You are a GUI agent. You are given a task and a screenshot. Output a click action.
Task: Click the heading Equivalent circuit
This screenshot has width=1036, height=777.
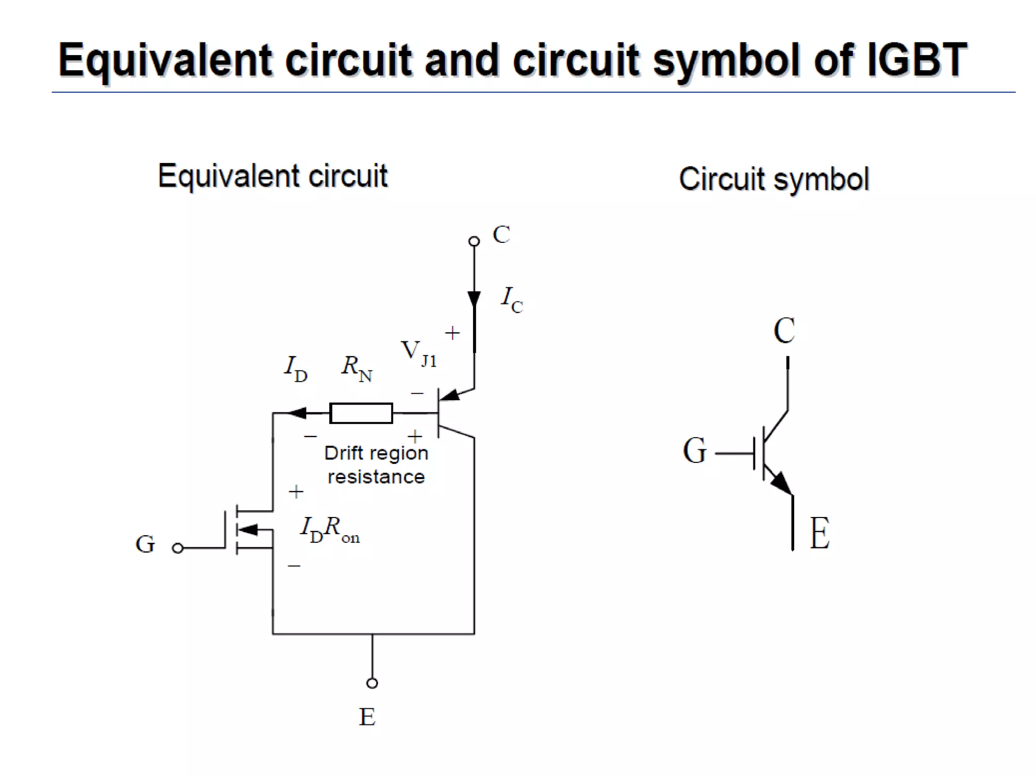(x=273, y=176)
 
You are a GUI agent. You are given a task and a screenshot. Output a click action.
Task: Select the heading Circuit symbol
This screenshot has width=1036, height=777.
(x=773, y=179)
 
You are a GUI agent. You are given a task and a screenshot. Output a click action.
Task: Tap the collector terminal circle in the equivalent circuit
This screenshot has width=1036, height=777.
(x=474, y=241)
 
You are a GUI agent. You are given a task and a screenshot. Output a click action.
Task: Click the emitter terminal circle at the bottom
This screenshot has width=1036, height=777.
(x=372, y=683)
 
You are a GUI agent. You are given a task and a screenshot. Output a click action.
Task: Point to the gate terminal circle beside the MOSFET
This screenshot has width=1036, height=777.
(x=178, y=548)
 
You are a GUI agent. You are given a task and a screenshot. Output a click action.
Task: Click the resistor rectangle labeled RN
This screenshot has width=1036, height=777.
(x=361, y=413)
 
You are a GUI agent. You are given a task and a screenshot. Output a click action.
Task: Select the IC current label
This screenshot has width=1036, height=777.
(x=511, y=299)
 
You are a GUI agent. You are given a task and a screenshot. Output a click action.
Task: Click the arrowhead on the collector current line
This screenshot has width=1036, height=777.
(x=474, y=299)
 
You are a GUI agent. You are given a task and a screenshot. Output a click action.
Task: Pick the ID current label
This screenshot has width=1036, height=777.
(x=295, y=368)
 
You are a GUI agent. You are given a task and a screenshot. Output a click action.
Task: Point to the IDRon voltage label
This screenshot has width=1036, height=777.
(x=329, y=530)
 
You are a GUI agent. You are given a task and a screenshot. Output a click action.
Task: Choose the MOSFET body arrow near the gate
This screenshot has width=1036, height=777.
(x=248, y=530)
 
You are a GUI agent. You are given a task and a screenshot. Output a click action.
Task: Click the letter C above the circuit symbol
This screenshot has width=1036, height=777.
(x=784, y=331)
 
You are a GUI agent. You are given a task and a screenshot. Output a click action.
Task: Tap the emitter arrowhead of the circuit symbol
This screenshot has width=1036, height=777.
(x=782, y=483)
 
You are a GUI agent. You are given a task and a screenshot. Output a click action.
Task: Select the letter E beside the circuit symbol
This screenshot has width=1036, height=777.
(x=819, y=533)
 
